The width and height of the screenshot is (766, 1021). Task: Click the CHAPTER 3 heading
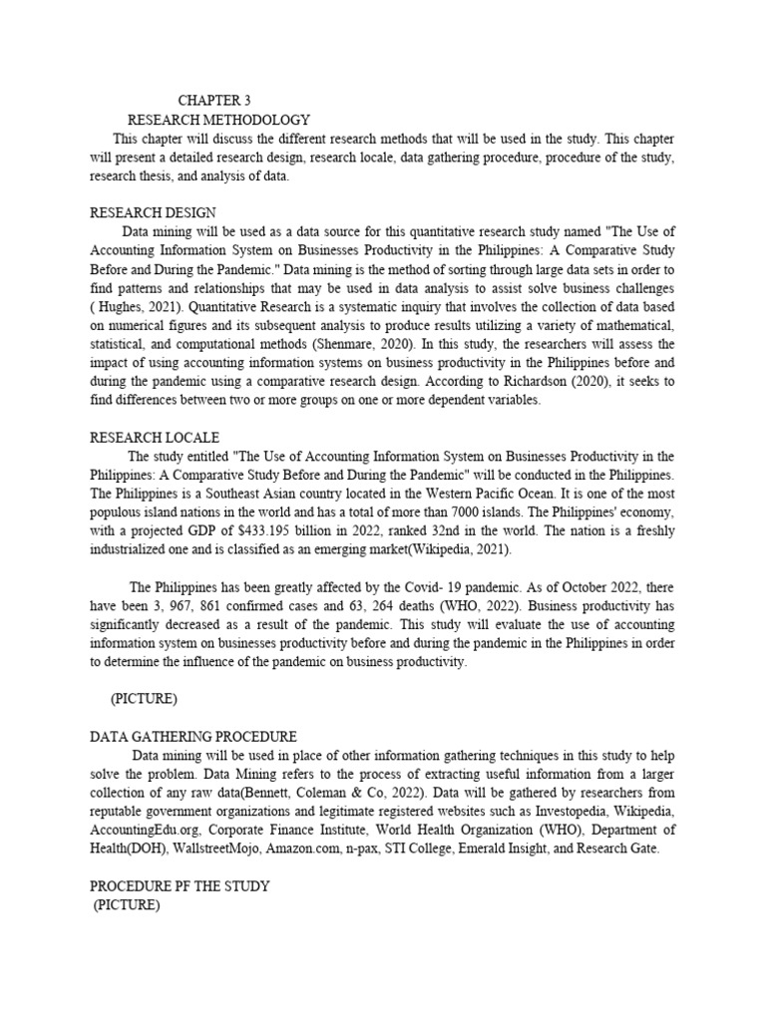point(214,101)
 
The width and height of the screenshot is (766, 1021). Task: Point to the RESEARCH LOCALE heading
point(155,438)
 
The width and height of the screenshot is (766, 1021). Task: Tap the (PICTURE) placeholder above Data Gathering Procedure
point(144,700)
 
